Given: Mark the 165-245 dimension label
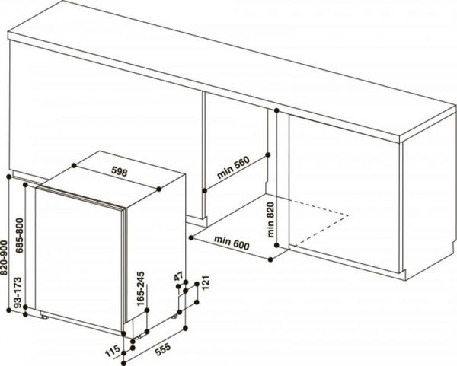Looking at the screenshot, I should tap(141, 292).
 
